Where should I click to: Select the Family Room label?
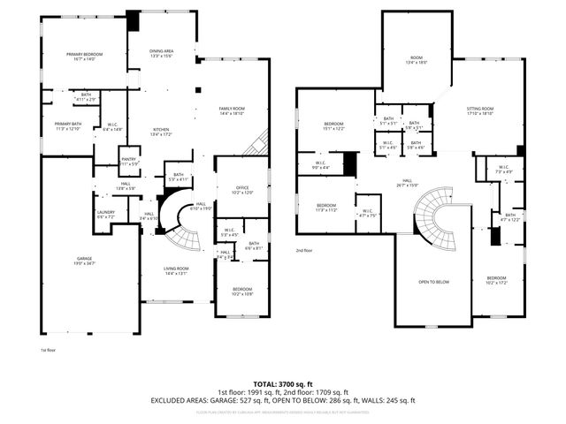232,110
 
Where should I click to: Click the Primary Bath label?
68,125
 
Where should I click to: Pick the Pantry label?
128,162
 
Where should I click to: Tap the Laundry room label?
104,214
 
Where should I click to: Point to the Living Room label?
177,270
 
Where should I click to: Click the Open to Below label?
433,283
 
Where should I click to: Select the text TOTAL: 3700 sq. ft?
282,385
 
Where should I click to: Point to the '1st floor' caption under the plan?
49,350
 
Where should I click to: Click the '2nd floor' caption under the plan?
305,250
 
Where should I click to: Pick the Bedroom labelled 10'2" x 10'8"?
241,291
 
